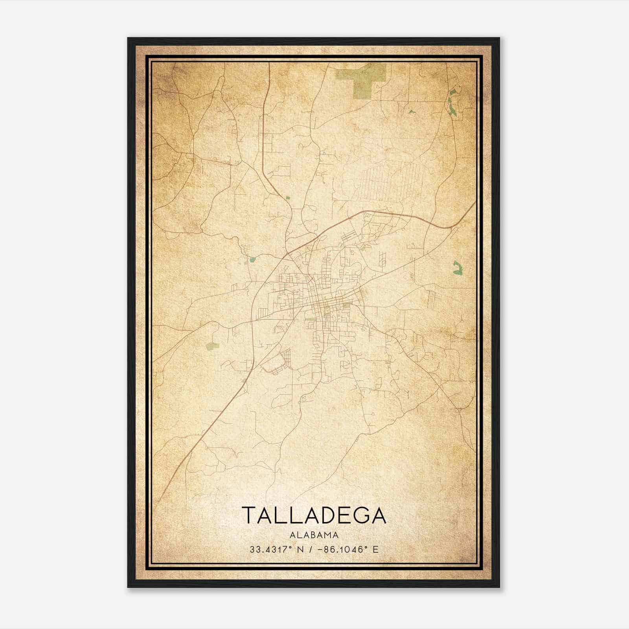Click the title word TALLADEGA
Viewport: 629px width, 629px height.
[314, 515]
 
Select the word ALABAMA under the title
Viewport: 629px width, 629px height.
[314, 535]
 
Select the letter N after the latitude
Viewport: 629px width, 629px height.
[300, 549]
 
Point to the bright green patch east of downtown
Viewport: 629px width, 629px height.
[457, 268]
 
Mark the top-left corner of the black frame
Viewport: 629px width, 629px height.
[128, 38]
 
